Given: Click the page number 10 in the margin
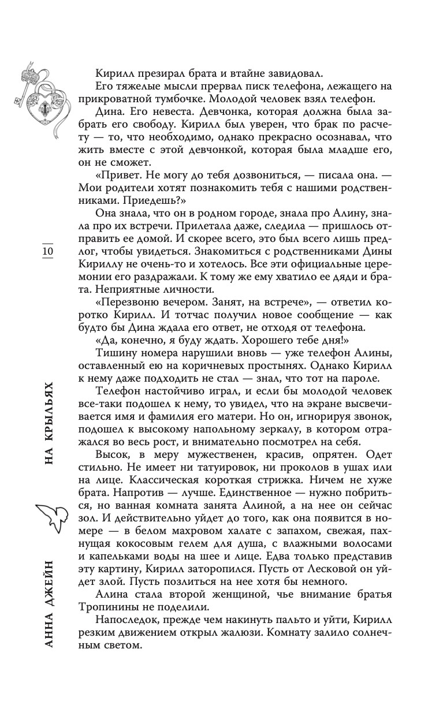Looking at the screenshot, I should click(47, 252).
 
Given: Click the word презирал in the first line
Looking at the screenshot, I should click(155, 73).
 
